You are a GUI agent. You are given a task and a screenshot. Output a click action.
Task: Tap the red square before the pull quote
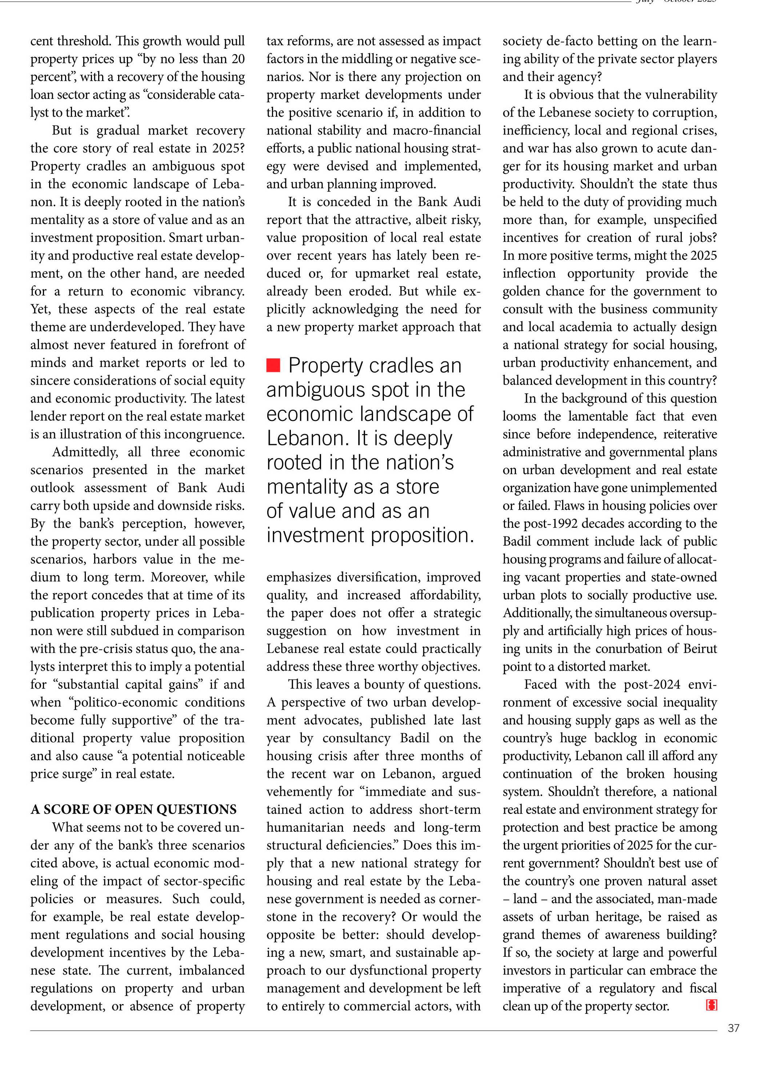[x=273, y=365]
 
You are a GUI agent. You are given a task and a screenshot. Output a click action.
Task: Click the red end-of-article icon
[x=711, y=1005]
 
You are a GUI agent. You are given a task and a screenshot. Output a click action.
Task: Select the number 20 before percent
[x=238, y=59]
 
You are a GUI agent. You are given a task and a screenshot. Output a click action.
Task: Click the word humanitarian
[x=305, y=827]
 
